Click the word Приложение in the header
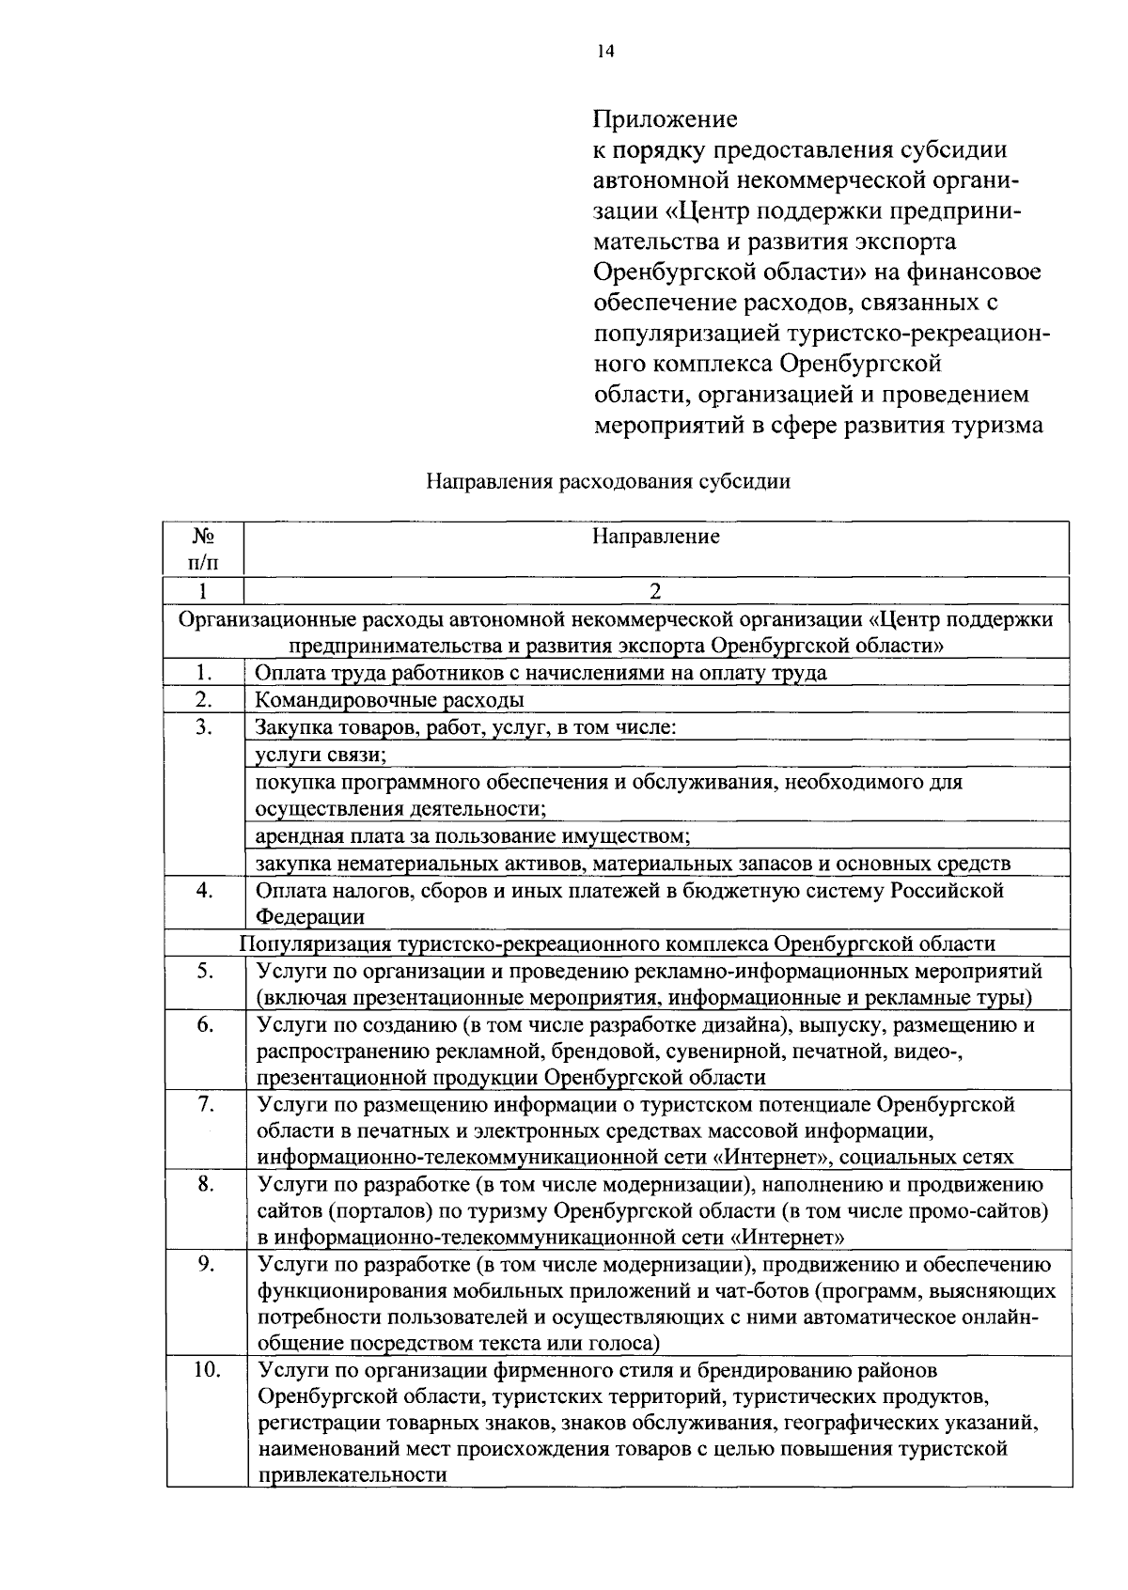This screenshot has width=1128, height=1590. coord(665,119)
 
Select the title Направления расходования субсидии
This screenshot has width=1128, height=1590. coord(608,482)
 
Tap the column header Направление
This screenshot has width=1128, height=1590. coord(655,537)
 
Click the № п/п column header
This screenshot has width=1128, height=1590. coord(203,549)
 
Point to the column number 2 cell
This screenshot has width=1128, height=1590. coord(655,591)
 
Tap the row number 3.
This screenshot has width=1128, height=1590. coord(204,727)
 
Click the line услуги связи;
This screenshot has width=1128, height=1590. coord(321,755)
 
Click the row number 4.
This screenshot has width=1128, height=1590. coord(204,890)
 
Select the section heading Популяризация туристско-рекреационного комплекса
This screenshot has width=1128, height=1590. coord(618,943)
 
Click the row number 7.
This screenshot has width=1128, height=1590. coord(207,1104)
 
